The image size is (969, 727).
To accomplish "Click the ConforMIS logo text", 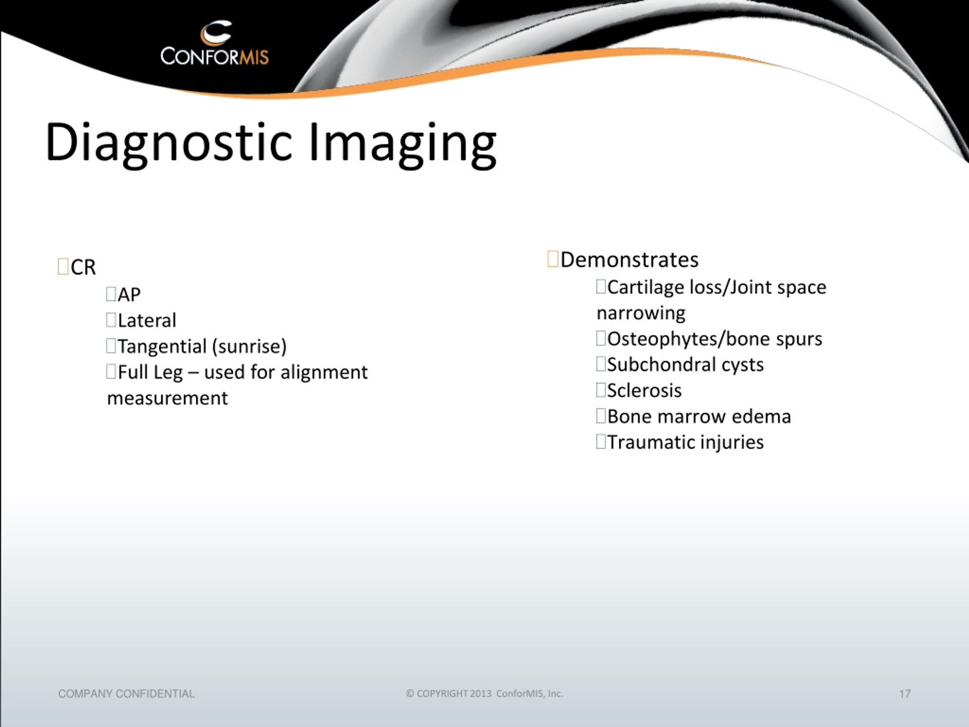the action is [x=215, y=56].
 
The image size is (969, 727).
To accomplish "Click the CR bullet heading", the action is [x=83, y=267].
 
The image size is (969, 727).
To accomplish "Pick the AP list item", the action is [x=129, y=295].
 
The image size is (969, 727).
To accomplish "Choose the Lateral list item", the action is [x=147, y=320].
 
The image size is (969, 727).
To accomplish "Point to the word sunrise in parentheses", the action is [x=249, y=346].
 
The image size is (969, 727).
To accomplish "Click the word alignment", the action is [x=324, y=373].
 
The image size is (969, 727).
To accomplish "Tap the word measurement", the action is [x=167, y=398].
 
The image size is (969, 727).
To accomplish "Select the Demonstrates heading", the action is [x=629, y=260].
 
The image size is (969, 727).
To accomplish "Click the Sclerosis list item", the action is [x=644, y=391].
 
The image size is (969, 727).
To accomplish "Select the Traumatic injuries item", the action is [x=685, y=443].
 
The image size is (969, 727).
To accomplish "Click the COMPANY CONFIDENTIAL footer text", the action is [x=126, y=694].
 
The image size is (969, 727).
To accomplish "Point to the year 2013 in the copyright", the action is [x=481, y=694].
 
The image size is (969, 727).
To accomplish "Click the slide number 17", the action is [x=905, y=694].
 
